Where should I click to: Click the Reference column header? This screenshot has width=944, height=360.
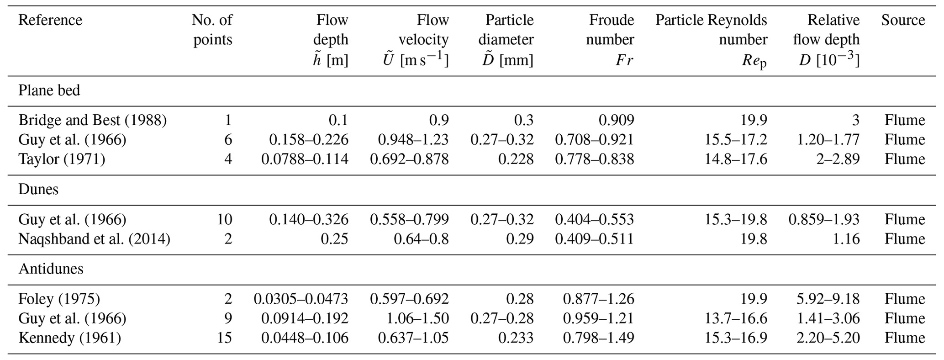50,20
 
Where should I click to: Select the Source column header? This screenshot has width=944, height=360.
903,20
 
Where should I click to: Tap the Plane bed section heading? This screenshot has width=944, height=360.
49,90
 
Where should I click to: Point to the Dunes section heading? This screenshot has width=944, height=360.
38,189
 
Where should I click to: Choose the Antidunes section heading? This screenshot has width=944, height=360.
51,269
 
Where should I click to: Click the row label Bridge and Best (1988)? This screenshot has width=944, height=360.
92,120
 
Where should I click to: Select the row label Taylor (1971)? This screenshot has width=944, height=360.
62,159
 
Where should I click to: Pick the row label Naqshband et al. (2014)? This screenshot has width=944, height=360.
94,239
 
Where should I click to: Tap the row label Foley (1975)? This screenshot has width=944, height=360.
59,299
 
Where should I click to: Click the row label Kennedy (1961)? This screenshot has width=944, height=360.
69,338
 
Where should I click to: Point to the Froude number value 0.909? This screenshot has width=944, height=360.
616,120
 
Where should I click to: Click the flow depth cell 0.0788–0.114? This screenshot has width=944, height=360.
305,159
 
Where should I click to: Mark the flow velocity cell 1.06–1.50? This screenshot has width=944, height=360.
413,318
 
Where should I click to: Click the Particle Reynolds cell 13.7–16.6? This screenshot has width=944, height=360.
736,318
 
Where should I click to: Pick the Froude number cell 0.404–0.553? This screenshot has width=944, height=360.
594,220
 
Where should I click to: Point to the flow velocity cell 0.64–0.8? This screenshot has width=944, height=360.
422,239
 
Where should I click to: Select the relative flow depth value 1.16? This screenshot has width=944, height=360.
846,239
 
